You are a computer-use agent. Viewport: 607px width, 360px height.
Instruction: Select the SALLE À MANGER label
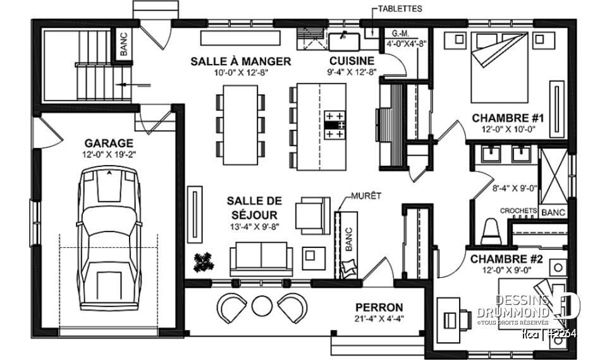240,61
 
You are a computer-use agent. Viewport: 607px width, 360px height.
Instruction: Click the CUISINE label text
352,61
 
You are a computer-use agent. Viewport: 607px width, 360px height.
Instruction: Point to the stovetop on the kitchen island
335,125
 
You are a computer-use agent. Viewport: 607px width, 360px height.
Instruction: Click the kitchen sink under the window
344,41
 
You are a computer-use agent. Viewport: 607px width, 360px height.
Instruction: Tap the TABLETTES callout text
399,9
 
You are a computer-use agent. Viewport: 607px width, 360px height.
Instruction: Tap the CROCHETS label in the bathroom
518,211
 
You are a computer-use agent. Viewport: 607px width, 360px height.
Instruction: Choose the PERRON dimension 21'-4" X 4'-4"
379,319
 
